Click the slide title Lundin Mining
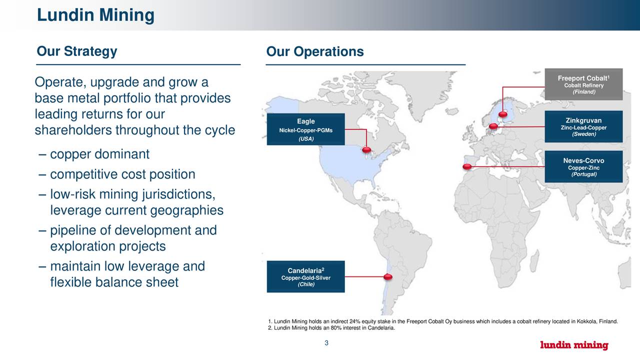[95, 15]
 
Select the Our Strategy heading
[76, 51]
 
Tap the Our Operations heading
[315, 52]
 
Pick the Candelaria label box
[305, 276]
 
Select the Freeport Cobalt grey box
[583, 84]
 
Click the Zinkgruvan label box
[583, 126]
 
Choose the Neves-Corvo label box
[583, 166]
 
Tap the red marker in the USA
[366, 149]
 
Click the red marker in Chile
[387, 276]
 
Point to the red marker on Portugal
[467, 166]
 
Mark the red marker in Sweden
[493, 126]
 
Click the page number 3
[326, 343]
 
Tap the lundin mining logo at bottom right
[574, 345]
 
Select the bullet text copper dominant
[99, 154]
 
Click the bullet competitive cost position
[122, 174]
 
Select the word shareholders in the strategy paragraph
[73, 130]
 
